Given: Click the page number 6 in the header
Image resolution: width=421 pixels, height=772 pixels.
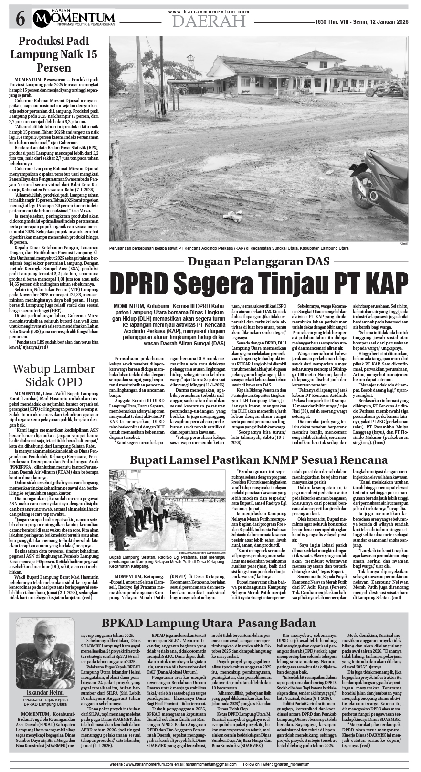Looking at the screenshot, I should coord(21,19).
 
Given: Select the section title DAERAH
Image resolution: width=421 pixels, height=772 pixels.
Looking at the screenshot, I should coord(209,21).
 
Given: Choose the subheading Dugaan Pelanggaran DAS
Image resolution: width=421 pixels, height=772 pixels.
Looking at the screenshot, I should coord(259,261).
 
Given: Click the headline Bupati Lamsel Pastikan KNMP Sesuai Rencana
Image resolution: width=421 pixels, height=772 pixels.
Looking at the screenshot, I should coord(258,460).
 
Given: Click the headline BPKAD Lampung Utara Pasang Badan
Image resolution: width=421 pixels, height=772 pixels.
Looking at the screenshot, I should coord(209,624).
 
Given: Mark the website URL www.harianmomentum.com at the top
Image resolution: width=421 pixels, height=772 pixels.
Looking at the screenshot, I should coord(209,11).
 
